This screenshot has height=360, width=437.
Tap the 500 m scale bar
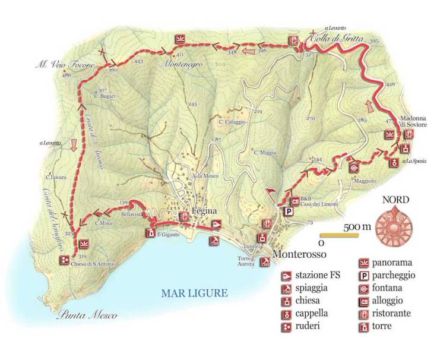(341, 236)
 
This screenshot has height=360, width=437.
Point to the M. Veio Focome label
(61, 61)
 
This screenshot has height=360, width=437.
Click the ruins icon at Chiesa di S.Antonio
(64, 260)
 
